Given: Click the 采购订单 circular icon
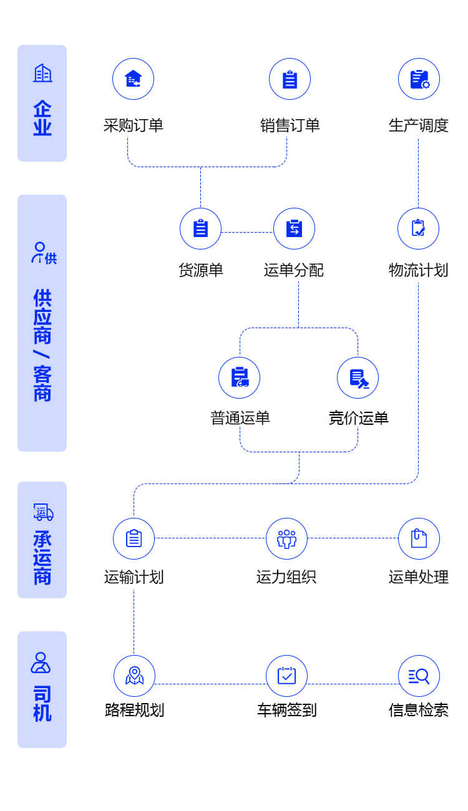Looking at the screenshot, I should coord(133,79).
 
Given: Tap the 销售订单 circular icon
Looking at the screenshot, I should coord(290,79).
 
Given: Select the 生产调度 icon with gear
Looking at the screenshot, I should coord(419,79).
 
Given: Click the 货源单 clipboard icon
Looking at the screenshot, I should coord(200,228).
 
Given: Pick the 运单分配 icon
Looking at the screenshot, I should coord(294,228).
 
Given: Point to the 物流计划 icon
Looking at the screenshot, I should coord(418,228).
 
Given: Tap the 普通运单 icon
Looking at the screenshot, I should coord(239,377).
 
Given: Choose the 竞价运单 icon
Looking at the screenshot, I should coord(358,377).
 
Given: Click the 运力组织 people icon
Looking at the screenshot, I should coord(286,538).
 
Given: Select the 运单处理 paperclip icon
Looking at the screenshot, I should coord(419,538).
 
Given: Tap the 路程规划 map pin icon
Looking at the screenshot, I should coord(134,676).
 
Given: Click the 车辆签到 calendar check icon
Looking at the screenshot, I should coord(286,676).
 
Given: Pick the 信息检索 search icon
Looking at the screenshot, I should coord(419,676).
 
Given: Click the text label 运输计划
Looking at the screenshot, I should coord(134,577).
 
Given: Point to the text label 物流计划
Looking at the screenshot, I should coord(418,270).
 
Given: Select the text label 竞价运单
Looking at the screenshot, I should coord(358,417).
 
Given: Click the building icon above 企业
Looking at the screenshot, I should coord(42,74).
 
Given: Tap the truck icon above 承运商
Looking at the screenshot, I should coord(43,512).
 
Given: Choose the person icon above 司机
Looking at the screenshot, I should coord(41,663).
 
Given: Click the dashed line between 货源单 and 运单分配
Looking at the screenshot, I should coord(247,232).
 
